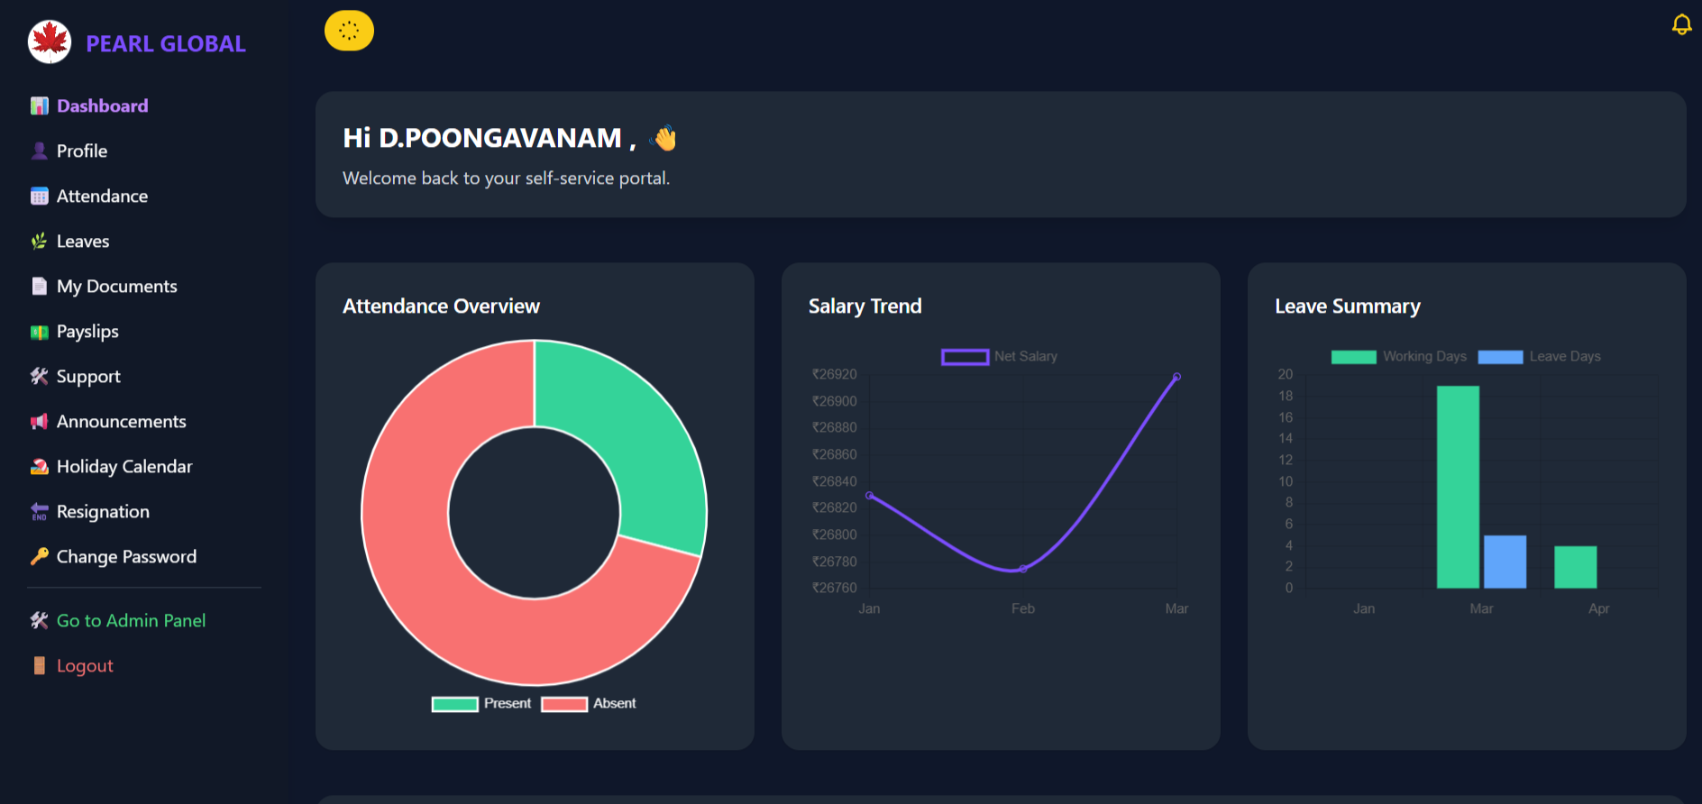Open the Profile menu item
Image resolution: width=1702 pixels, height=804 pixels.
(x=81, y=151)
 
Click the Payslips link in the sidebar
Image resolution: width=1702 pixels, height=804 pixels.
(x=87, y=332)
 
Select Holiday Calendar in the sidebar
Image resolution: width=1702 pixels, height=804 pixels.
(x=124, y=467)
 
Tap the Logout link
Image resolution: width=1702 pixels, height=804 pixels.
(x=84, y=666)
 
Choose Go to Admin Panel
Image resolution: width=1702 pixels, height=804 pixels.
(x=131, y=621)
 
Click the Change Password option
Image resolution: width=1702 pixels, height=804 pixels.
(x=126, y=557)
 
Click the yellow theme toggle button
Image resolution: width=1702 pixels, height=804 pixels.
(x=349, y=31)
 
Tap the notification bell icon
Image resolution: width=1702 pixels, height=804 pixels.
(x=1681, y=24)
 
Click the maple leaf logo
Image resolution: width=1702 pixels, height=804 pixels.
(x=50, y=41)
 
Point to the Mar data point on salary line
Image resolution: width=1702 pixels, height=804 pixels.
(x=1176, y=377)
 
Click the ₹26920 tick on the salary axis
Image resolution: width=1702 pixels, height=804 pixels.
(x=835, y=375)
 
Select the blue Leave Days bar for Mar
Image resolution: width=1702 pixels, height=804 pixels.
(x=1505, y=562)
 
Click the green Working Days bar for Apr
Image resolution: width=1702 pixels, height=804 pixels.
(x=1575, y=567)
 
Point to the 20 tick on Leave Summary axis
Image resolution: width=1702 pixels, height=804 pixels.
(x=1286, y=375)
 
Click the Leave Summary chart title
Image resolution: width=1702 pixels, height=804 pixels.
(x=1347, y=306)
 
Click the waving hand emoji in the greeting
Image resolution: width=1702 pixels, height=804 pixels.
(x=664, y=138)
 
